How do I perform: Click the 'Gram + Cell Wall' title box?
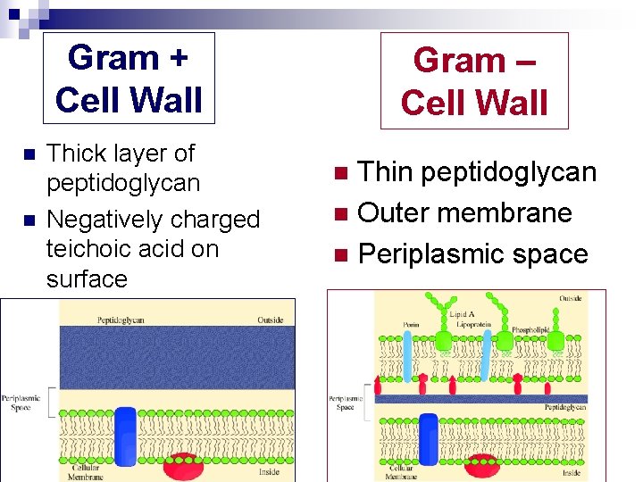[x=129, y=79]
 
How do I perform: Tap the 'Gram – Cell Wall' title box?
[x=474, y=81]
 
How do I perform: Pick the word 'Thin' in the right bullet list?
[x=388, y=172]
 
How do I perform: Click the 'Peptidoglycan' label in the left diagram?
[x=122, y=318]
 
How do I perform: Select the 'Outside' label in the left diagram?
[x=270, y=320]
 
